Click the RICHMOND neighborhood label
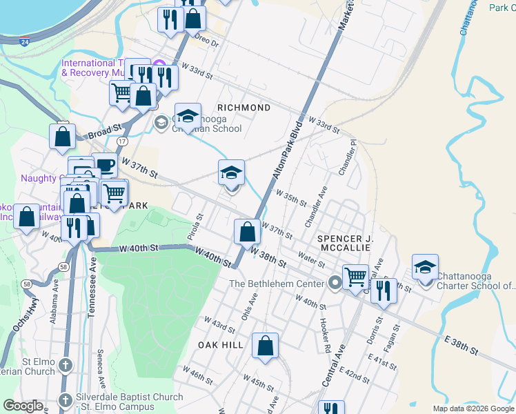[x=244, y=108]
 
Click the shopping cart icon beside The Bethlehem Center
[x=355, y=277]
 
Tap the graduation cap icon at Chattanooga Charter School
[x=425, y=268]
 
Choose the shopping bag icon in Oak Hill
[x=265, y=346]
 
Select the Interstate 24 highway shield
[x=24, y=41]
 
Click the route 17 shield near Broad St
[x=122, y=141]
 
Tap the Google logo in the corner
[x=23, y=406]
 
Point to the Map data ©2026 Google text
[x=473, y=408]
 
